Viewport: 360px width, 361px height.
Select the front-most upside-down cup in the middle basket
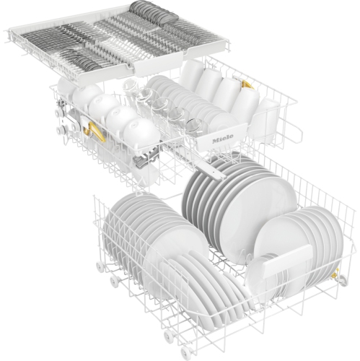click(139, 133)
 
